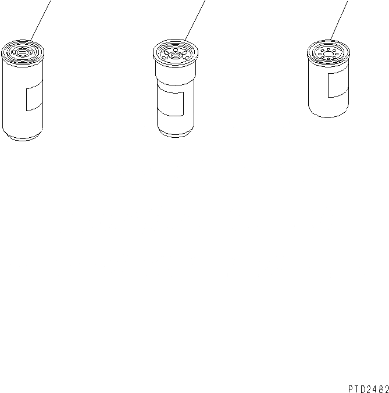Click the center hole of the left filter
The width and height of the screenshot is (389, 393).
[x=22, y=53]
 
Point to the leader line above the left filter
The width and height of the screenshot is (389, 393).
[x=40, y=20]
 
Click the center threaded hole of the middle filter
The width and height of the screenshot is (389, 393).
[x=175, y=55]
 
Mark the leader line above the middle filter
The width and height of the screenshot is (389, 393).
[x=195, y=20]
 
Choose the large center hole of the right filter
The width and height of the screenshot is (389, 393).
[x=328, y=54]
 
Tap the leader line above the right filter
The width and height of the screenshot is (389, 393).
[x=339, y=20]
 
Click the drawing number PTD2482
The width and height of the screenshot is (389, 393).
[x=369, y=389]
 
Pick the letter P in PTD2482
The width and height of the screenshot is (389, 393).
[x=351, y=389]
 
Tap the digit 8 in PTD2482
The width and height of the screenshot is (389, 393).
[x=380, y=389]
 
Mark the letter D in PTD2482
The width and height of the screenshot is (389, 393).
[x=363, y=389]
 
